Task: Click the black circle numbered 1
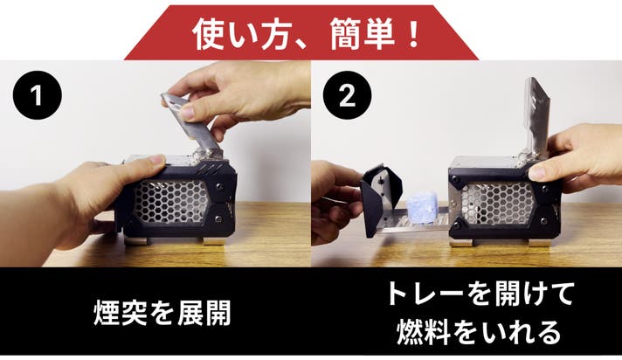(x=38, y=95)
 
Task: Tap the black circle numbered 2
(x=347, y=95)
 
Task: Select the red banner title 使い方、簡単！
(x=306, y=34)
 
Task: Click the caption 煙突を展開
(x=162, y=313)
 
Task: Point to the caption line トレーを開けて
(x=480, y=294)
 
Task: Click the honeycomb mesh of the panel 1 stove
(x=171, y=202)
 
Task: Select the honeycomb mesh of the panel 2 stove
(x=499, y=203)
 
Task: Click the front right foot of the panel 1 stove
(x=213, y=241)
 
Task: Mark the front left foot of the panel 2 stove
(x=461, y=242)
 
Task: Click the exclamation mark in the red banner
(x=414, y=34)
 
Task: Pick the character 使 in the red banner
(x=208, y=34)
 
